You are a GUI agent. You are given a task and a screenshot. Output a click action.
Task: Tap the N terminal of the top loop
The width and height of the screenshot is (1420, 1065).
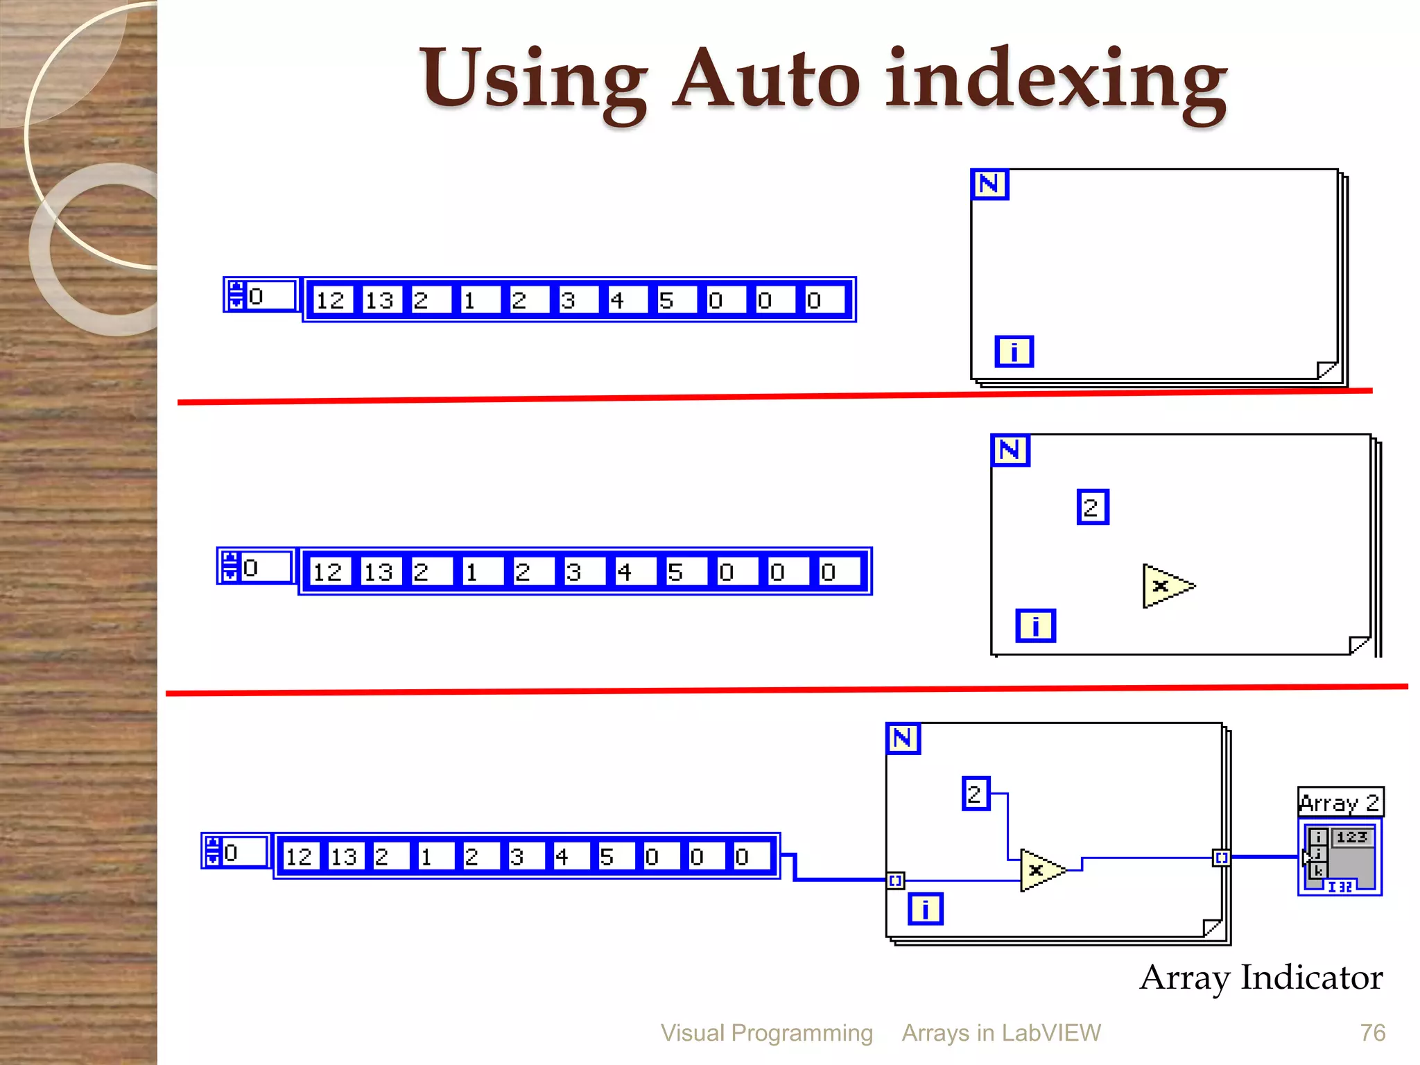(989, 184)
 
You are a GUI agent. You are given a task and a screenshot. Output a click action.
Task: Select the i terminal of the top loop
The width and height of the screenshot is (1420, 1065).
(1014, 352)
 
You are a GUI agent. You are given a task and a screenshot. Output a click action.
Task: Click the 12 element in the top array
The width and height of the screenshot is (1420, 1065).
(330, 300)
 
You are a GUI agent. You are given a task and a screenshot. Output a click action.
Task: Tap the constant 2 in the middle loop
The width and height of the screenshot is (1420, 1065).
(1092, 508)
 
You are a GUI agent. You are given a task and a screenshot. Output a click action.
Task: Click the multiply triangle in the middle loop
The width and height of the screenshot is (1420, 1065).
(1166, 586)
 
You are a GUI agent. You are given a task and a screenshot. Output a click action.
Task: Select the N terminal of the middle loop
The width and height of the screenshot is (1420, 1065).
(1010, 451)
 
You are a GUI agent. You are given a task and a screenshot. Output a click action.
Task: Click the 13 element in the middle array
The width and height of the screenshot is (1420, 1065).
(379, 572)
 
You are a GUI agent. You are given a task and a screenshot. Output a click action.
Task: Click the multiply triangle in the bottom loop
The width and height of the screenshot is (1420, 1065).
(1041, 870)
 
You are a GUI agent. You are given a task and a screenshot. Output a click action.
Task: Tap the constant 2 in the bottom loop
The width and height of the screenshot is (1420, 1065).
(975, 793)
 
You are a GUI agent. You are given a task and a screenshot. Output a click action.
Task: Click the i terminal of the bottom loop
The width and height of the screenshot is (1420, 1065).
(925, 909)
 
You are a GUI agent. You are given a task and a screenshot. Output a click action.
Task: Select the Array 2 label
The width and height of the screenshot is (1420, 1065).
(1340, 803)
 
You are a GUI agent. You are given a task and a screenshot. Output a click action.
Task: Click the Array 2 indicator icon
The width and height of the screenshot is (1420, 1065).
(1340, 858)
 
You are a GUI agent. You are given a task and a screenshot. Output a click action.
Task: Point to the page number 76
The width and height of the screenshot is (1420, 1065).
(1372, 1033)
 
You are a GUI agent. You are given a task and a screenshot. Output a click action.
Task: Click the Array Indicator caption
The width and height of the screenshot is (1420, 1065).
(1261, 978)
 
